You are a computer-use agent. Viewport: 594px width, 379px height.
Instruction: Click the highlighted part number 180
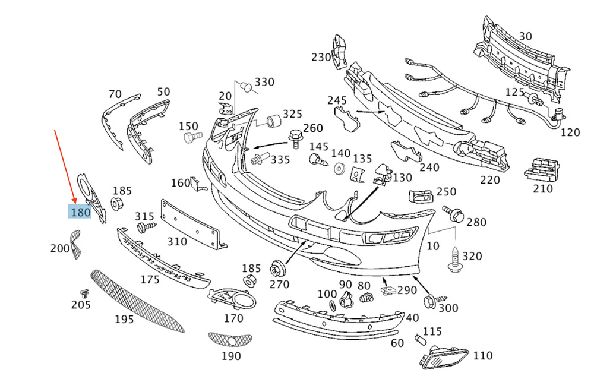coord(80,212)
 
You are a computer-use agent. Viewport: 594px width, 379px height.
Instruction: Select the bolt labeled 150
coord(192,137)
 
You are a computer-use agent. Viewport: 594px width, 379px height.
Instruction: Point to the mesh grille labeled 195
coord(137,301)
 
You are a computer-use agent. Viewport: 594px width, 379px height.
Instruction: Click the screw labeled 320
coord(454,259)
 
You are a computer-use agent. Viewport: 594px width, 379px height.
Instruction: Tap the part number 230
coord(321,57)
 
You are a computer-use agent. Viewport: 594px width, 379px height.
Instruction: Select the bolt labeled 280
coord(453,214)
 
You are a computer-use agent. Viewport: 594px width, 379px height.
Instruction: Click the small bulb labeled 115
coord(421,339)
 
